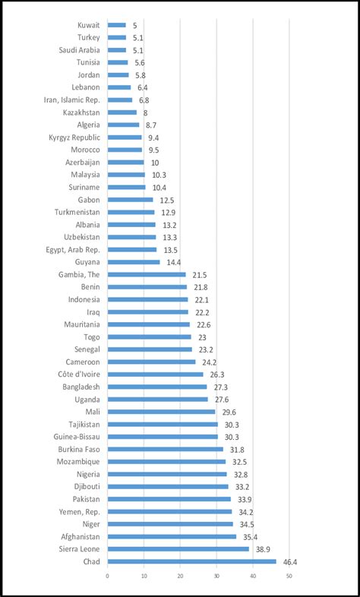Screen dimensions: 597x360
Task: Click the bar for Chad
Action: click(x=191, y=561)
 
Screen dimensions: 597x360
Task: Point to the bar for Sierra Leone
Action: click(x=178, y=548)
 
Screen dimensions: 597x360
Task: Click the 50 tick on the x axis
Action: click(x=289, y=576)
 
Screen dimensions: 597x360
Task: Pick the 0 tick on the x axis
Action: click(x=107, y=576)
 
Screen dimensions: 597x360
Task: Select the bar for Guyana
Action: click(x=133, y=262)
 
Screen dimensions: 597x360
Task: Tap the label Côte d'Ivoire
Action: click(x=78, y=374)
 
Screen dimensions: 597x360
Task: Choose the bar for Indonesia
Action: click(x=147, y=299)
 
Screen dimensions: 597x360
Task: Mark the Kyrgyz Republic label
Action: click(x=74, y=137)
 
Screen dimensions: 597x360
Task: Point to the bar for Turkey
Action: click(x=116, y=37)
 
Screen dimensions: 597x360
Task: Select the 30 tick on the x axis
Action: click(x=216, y=576)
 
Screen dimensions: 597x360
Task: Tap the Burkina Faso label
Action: click(x=78, y=449)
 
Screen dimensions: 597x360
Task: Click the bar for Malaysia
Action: click(x=125, y=175)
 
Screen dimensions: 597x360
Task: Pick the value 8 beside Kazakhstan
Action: click(x=144, y=112)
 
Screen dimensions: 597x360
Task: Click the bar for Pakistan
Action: click(x=169, y=499)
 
